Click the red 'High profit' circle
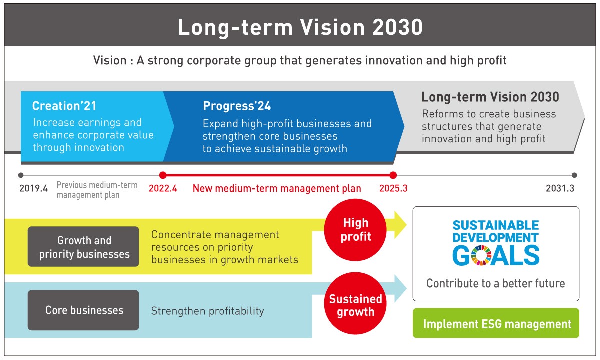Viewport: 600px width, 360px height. tap(355, 230)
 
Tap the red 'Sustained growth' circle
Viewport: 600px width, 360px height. tap(355, 303)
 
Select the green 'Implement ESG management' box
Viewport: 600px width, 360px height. tap(496, 323)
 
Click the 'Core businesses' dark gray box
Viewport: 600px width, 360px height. tap(83, 310)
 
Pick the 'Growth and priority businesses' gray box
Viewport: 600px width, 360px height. tap(83, 247)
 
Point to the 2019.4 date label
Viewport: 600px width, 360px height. tap(34, 188)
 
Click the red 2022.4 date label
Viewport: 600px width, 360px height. tap(163, 188)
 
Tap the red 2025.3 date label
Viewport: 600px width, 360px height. tap(393, 188)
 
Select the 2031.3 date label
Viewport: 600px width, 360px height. tap(560, 188)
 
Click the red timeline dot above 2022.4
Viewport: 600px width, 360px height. tap(163, 175)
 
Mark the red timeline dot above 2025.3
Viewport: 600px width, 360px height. tap(393, 175)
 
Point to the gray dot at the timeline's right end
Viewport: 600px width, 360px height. tap(574, 175)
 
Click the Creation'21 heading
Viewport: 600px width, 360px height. tap(64, 106)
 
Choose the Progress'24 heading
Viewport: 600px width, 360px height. tap(237, 106)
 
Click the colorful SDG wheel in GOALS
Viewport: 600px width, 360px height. tap(481, 255)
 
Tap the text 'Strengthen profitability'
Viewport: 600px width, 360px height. tap(207, 311)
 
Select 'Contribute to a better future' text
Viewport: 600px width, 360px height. tap(496, 283)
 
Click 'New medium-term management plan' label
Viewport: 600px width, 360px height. tap(277, 188)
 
